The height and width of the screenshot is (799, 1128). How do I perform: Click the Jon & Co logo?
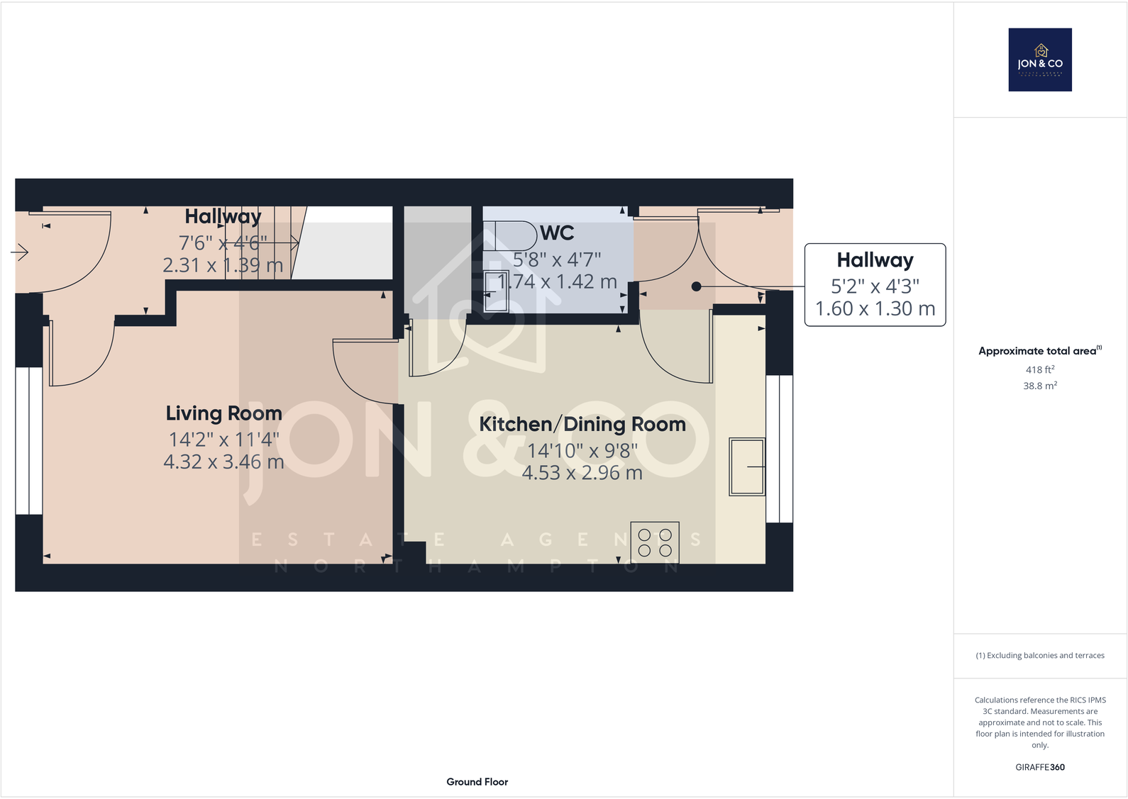coord(1040,60)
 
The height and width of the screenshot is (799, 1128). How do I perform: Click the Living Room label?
coord(223,413)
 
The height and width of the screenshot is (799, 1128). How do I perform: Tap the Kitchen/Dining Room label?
coord(582,424)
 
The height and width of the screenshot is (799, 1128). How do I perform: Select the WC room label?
coord(557,233)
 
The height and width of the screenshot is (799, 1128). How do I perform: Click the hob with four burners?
coord(655,542)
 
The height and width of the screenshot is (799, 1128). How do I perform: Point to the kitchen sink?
coord(746,466)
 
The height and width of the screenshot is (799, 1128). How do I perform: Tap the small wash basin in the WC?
coord(496,291)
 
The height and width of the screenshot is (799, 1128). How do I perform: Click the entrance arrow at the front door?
coord(19,252)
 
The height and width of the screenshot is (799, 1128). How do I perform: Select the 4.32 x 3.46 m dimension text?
coord(223,462)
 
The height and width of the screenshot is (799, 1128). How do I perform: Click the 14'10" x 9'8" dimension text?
coord(582,450)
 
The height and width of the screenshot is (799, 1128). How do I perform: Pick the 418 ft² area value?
coord(1039,369)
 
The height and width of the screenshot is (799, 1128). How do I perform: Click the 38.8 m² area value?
coord(1039,386)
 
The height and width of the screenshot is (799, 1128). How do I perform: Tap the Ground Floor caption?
coord(477,781)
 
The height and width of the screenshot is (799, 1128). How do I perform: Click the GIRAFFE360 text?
coord(1039,767)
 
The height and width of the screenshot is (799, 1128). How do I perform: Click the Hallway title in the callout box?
coord(875,260)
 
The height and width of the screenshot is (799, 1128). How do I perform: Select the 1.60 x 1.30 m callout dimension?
coord(875,309)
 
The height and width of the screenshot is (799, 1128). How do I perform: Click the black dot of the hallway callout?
coord(696,286)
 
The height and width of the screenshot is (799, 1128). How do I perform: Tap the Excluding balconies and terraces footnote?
coord(1039,656)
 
